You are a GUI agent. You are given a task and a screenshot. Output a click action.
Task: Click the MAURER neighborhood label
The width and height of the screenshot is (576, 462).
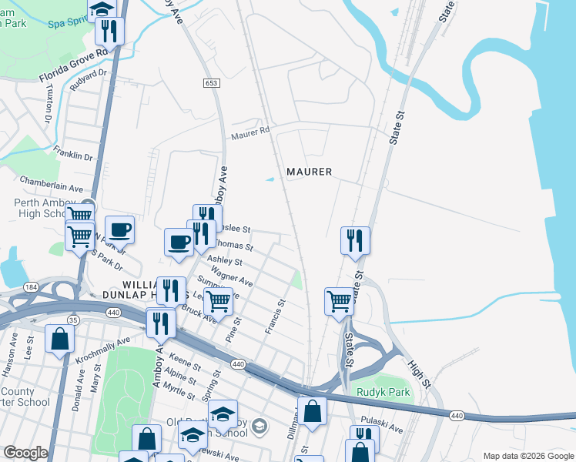click(309, 172)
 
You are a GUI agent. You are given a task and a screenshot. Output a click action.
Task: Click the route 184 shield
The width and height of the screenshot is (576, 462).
click(30, 287)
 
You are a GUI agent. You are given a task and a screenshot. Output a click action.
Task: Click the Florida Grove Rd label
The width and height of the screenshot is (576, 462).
click(72, 66)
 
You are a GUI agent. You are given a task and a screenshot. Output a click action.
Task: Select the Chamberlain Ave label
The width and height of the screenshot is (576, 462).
click(52, 188)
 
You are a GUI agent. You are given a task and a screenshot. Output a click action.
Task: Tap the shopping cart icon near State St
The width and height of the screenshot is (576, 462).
click(339, 300)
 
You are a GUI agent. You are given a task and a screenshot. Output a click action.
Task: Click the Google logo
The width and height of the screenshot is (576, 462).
click(25, 453)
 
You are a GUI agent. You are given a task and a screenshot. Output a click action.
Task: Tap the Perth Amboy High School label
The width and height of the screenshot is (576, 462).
click(42, 209)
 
